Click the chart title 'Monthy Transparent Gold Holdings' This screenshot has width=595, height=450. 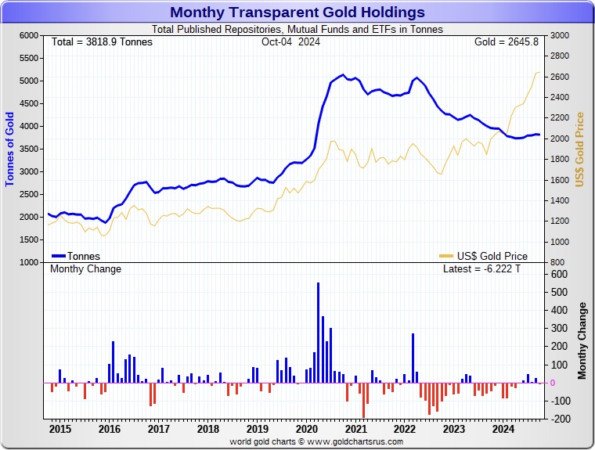point(297,12)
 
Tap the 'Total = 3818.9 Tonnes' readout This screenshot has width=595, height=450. point(102,41)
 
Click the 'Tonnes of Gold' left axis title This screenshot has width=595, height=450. point(10,149)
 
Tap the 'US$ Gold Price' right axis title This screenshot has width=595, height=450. point(580,149)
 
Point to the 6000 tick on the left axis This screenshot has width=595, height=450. point(28,35)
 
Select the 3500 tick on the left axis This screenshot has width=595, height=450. point(28,149)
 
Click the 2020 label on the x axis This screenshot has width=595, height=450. point(307,429)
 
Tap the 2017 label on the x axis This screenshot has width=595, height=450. point(158,429)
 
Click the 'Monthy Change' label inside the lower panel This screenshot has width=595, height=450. point(86,269)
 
